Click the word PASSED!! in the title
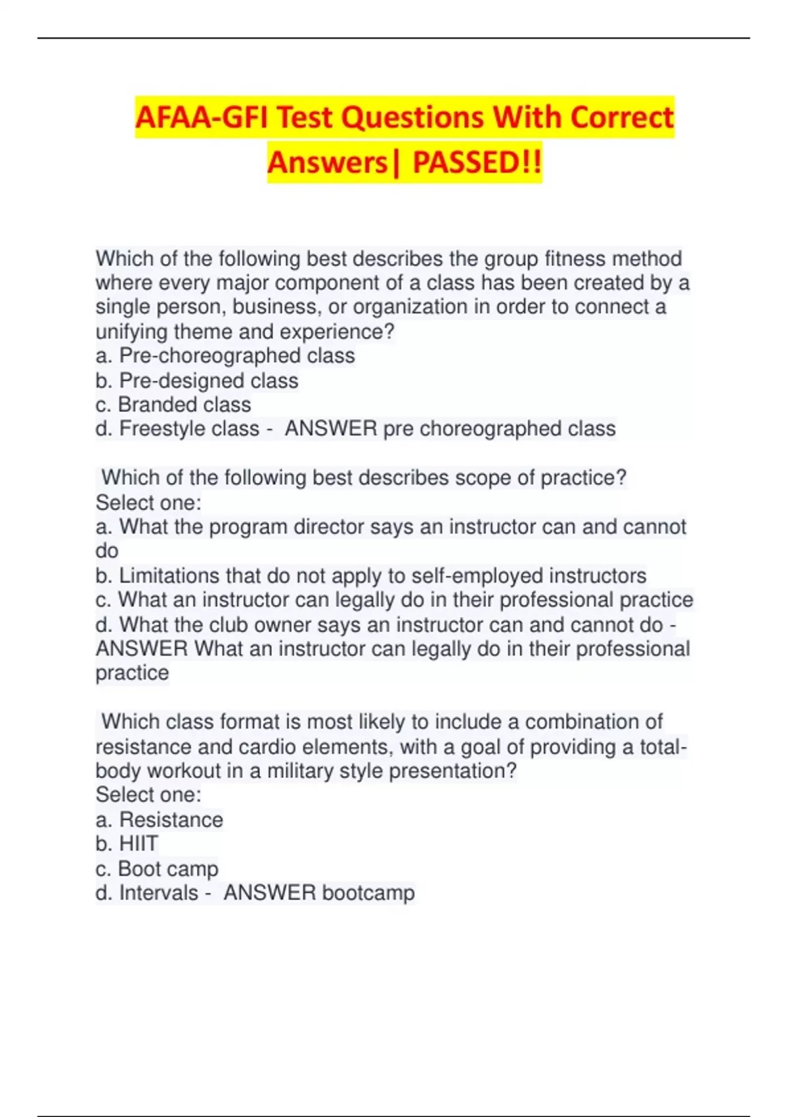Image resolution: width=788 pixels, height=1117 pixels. (477, 162)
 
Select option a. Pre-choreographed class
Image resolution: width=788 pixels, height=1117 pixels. (225, 355)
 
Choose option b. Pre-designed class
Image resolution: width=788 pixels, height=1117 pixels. (197, 380)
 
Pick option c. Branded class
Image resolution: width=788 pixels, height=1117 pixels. (173, 404)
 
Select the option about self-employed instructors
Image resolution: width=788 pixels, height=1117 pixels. (371, 576)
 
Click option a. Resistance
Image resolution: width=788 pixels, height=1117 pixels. (160, 819)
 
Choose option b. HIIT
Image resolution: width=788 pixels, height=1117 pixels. (127, 844)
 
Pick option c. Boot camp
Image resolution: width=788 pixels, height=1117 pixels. (157, 869)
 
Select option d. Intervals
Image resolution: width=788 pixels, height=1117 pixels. (147, 893)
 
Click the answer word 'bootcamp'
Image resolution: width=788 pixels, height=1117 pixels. (368, 893)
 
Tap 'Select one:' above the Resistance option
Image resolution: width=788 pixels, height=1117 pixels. (148, 795)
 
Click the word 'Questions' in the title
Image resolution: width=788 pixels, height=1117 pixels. (414, 118)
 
